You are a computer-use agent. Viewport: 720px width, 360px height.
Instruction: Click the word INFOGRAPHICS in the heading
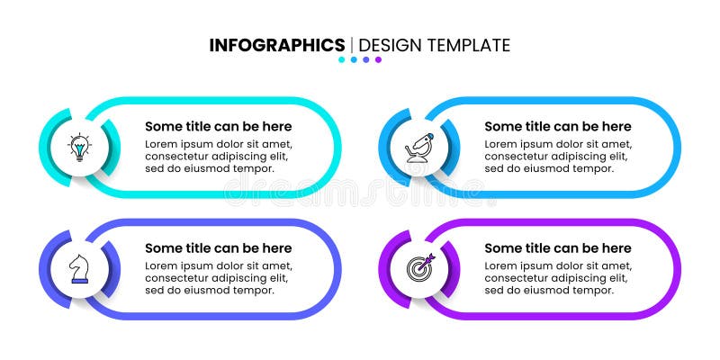(x=277, y=45)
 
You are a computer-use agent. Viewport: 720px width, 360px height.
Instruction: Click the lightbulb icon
(x=81, y=147)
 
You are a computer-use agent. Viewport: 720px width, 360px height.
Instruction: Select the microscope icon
(x=419, y=147)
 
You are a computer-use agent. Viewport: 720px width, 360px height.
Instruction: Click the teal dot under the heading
(x=342, y=60)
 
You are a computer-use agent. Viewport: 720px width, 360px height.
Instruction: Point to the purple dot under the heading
(x=378, y=60)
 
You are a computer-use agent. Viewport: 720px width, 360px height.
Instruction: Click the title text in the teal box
(x=218, y=127)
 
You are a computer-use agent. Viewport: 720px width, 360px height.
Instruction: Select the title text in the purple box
(x=558, y=248)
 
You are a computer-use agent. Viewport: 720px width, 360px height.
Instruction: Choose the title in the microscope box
(x=558, y=127)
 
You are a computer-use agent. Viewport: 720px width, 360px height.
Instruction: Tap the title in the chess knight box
(x=218, y=248)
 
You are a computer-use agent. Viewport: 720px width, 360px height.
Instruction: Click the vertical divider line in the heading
(x=351, y=45)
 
